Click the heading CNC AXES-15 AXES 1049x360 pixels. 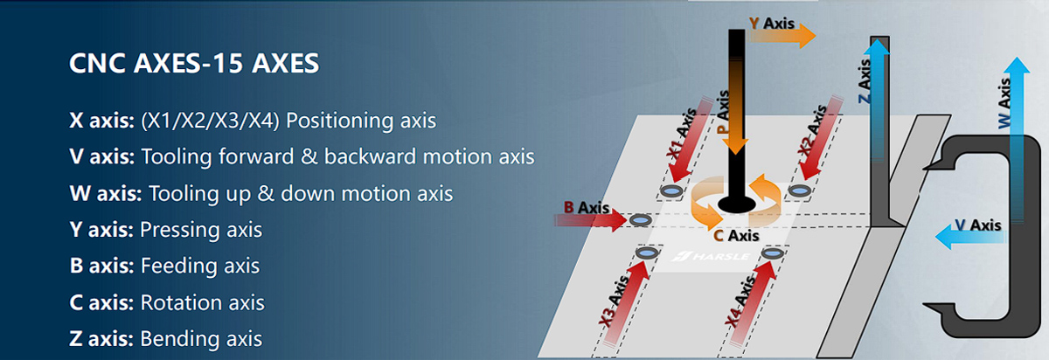(194, 63)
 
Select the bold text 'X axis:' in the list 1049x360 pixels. (101, 121)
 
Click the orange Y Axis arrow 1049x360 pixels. (782, 35)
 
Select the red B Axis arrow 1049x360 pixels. (591, 220)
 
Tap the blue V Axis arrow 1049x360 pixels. (969, 237)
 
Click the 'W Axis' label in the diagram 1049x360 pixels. (1004, 103)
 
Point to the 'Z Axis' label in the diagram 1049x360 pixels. (865, 81)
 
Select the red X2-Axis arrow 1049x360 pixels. (822, 138)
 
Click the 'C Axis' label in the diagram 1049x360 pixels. (736, 235)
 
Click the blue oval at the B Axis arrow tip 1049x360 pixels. (640, 220)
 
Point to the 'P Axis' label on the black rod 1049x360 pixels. (724, 113)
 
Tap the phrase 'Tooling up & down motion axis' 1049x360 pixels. (301, 193)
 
